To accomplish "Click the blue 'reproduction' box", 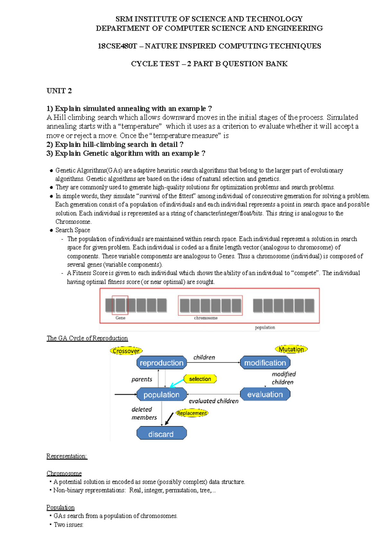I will [161, 363].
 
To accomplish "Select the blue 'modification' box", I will [265, 363].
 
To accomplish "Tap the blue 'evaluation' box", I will [265, 394].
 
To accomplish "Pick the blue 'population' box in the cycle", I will [161, 394].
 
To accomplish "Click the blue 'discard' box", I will [161, 434].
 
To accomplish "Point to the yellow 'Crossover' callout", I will [126, 351].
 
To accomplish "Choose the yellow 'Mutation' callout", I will [291, 349].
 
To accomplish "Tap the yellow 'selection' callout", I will [200, 379].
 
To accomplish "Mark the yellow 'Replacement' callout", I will [192, 413].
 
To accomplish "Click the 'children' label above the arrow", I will [204, 357].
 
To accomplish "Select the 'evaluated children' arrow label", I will [214, 401].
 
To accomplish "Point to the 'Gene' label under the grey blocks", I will [120, 318].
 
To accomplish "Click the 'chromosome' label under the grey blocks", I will [206, 318].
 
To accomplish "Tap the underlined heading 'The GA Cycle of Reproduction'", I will [87, 338].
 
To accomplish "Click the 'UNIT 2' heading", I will [59, 91].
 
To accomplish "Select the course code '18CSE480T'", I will [117, 46].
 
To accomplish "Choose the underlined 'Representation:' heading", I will [67, 456].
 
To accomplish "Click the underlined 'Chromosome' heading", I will [64, 473].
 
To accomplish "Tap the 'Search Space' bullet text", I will [73, 230].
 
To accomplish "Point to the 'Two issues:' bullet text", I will [69, 525].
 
